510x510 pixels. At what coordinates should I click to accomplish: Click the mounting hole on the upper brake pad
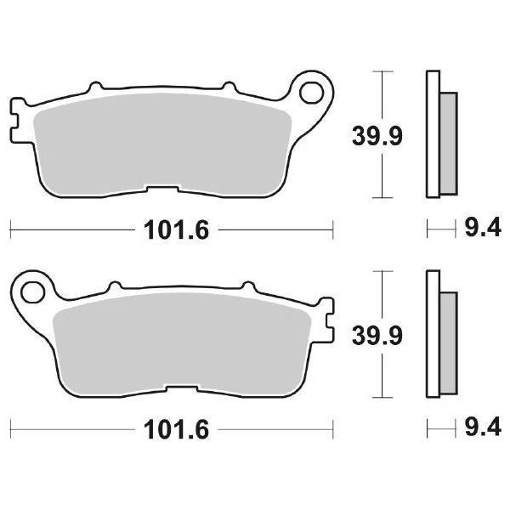pyautogui.click(x=315, y=89)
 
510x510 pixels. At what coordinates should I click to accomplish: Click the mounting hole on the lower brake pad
pyautogui.click(x=34, y=292)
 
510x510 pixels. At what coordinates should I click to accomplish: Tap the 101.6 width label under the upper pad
pyautogui.click(x=169, y=229)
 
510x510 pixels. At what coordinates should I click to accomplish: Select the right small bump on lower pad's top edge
pyautogui.click(x=247, y=287)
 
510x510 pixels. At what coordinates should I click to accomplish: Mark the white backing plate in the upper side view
pyautogui.click(x=430, y=136)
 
